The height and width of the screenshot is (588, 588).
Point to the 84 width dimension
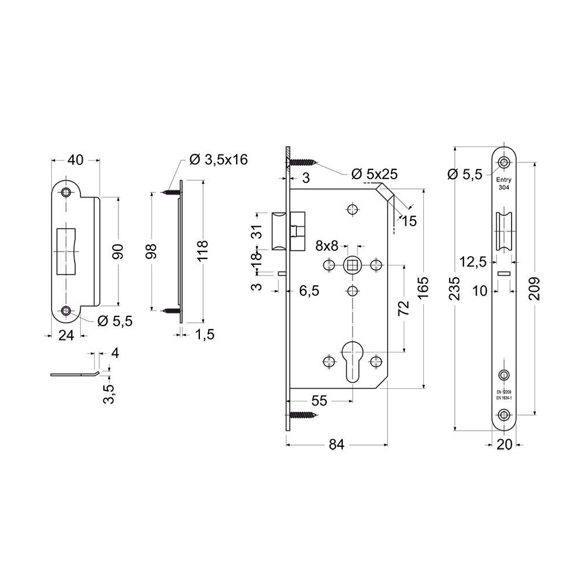coord(336,444)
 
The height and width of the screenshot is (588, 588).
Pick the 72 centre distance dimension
coord(404,308)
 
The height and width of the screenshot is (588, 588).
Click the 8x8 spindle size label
coord(327,246)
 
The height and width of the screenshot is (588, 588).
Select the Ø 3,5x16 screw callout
coord(218,160)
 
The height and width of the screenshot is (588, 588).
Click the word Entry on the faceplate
coord(504,180)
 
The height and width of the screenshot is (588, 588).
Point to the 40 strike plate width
coord(75,160)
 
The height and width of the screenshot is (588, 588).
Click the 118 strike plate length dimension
coord(202,252)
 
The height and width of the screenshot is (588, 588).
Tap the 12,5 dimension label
coord(473,262)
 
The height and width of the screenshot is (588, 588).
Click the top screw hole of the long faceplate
coord(504,163)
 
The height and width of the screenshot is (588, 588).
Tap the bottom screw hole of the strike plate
coord(68,311)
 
